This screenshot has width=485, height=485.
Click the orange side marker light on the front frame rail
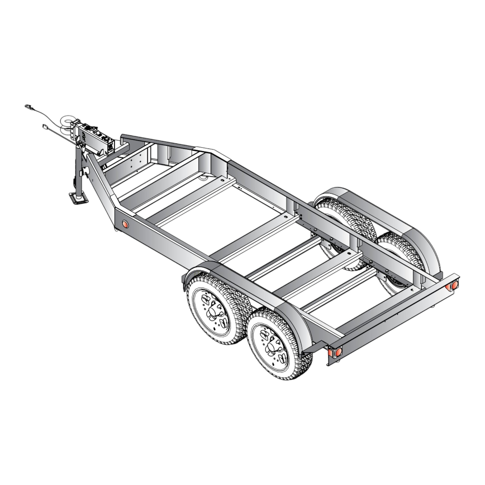point(125,224)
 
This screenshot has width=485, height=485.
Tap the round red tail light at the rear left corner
point(338,352)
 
